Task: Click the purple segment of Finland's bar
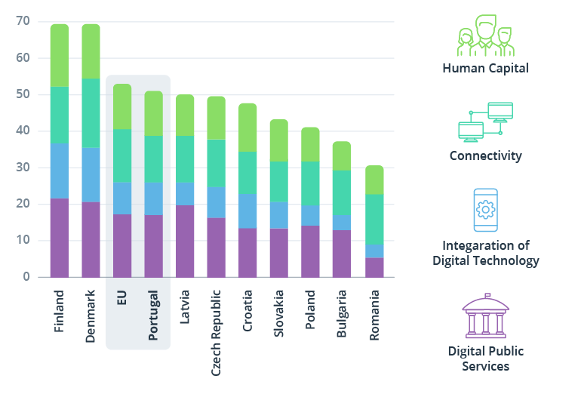(x=60, y=237)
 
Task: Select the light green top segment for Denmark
(x=91, y=51)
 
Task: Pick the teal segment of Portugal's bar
(x=153, y=158)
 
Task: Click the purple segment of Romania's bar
(x=375, y=267)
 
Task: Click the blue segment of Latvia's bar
(x=185, y=193)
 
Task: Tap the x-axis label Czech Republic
(x=216, y=331)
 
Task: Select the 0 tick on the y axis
(x=26, y=277)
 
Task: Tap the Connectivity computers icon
(x=485, y=122)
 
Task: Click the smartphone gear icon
(x=485, y=210)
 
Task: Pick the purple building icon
(x=485, y=316)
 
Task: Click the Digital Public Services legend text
(x=485, y=359)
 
